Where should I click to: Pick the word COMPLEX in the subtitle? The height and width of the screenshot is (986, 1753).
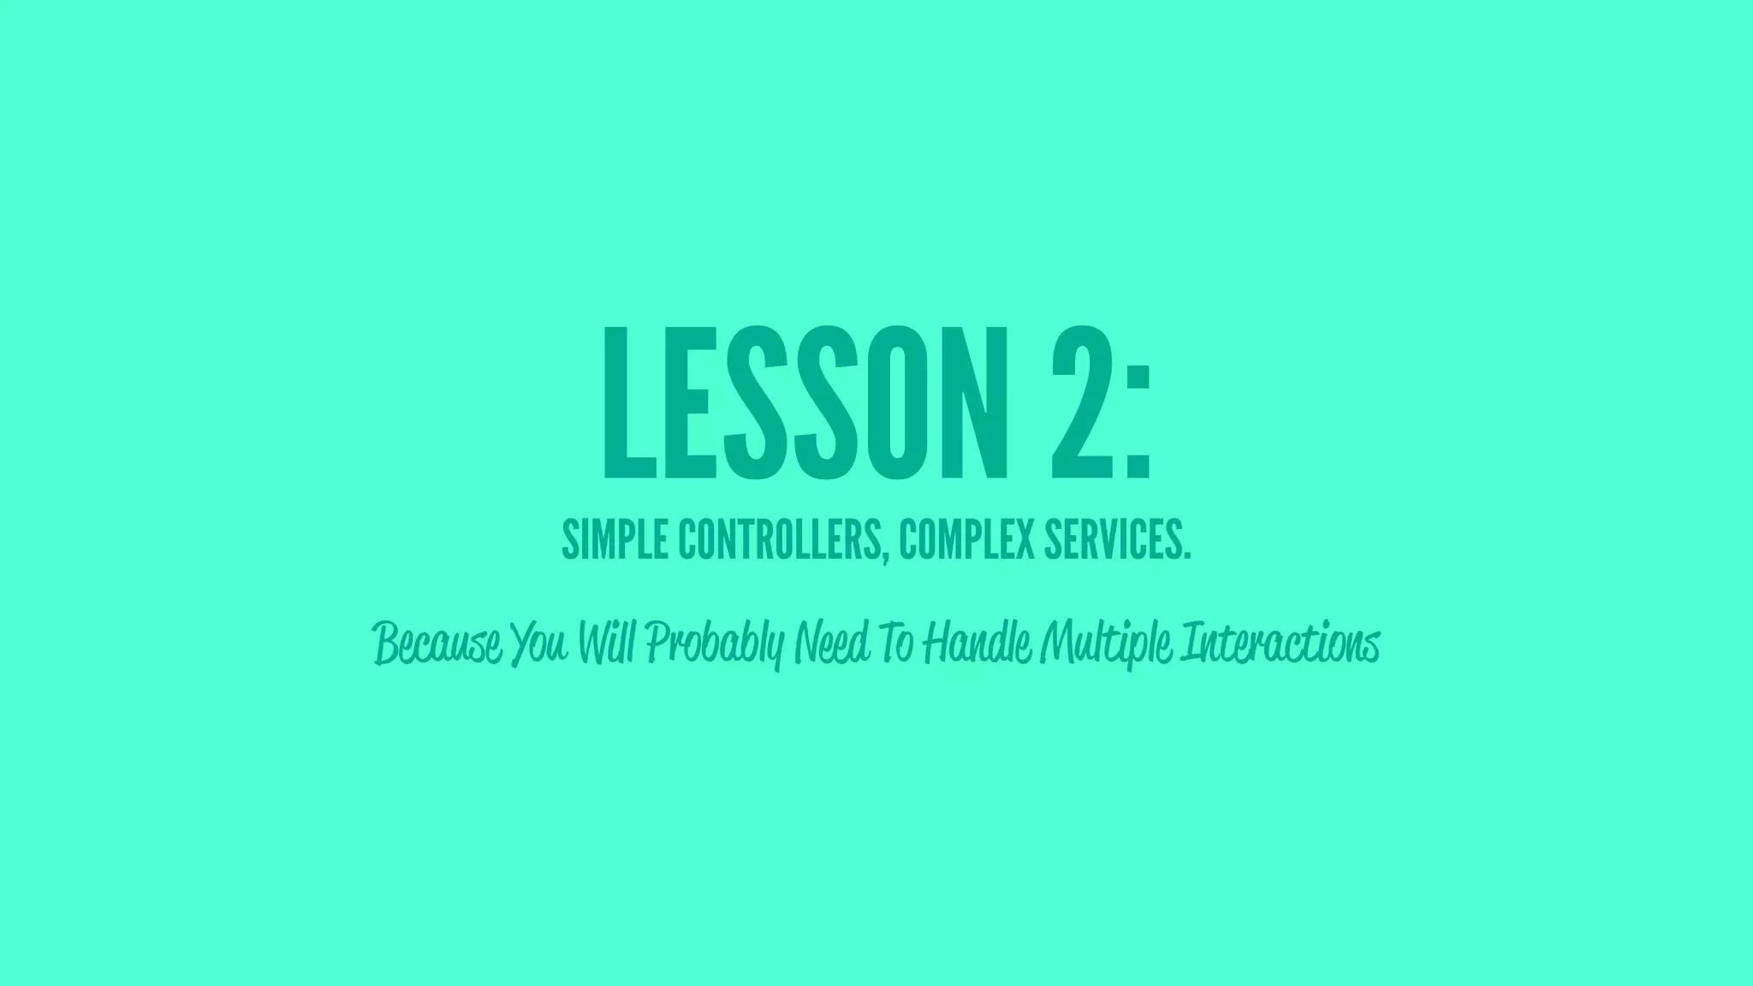click(x=954, y=540)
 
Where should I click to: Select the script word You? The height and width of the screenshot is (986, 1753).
click(x=540, y=643)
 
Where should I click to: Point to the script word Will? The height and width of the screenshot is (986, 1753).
click(x=607, y=643)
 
